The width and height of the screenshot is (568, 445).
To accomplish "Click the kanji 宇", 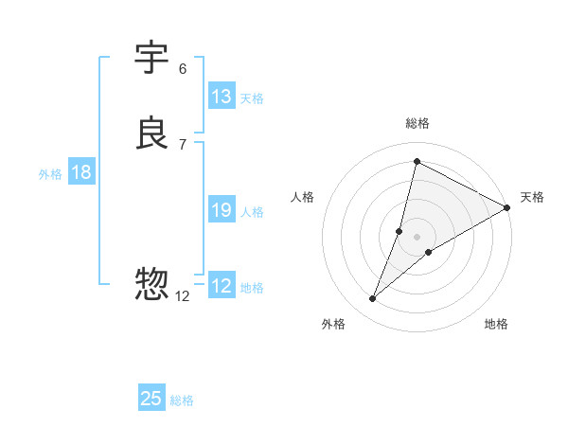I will pos(151,59).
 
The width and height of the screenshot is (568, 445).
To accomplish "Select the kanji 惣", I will pos(151,283).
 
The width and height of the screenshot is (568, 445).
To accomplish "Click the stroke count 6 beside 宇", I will pos(182,68).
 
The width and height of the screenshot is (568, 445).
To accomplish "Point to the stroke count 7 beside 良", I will pos(182,144).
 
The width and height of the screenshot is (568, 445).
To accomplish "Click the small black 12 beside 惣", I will pos(183,295).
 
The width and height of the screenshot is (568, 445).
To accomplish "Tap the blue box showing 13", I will pos(222,97).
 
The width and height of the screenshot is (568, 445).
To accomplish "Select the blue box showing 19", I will pos(222,210).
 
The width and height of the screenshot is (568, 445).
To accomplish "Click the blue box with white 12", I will pos(222,286).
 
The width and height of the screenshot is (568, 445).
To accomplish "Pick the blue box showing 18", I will pos(81,172).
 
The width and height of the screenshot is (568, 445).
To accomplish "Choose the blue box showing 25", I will pos(151,399).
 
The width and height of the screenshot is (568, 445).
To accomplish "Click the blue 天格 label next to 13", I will pos(252,98).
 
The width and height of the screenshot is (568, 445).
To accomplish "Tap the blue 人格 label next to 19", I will pos(252,211).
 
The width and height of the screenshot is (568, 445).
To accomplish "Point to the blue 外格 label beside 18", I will pos(50,173).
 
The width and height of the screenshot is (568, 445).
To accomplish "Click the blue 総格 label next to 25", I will pos(182,400).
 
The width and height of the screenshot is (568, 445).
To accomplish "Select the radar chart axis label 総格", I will pos(417,123).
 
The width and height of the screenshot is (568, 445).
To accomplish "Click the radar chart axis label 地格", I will pos(496,324).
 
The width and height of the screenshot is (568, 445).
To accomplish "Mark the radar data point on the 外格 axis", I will pos(373,299).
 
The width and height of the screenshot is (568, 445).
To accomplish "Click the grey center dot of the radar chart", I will pos(417,237).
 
